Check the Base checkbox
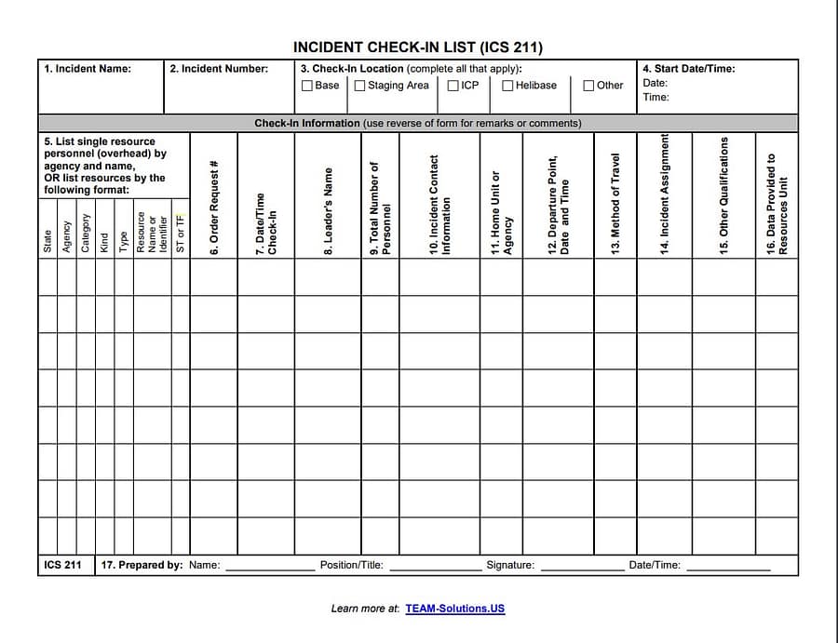pos(307,86)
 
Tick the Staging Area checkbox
pos(359,86)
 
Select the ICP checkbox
pos(453,86)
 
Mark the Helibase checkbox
pos(507,86)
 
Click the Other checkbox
pos(588,86)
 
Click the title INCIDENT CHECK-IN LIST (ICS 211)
pos(418,47)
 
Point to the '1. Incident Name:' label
pos(88,69)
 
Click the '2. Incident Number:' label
pos(219,69)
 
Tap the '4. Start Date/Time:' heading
pos(688,69)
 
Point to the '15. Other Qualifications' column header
pos(723,195)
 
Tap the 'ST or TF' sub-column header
pos(181,233)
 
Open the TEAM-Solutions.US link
pos(454,609)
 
